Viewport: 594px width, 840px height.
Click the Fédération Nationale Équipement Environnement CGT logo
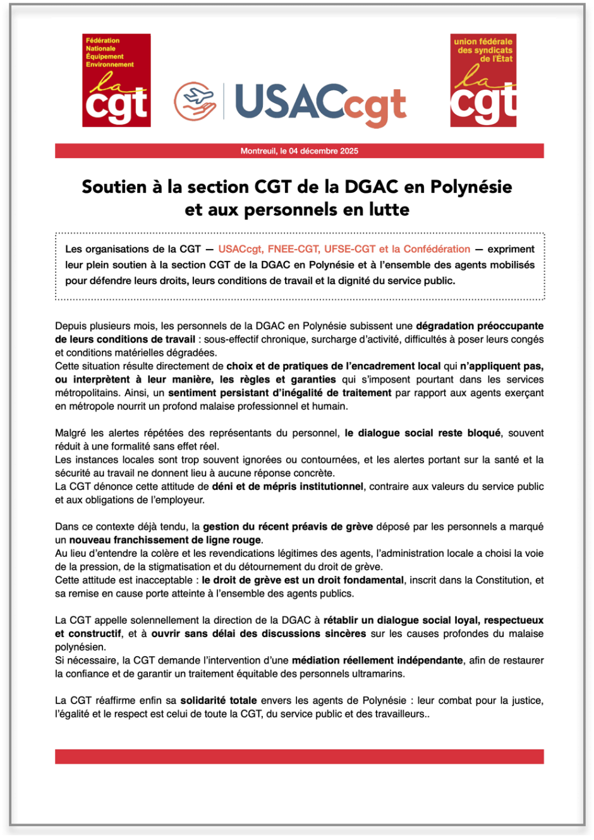pyautogui.click(x=116, y=80)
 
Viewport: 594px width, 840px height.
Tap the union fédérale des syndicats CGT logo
pyautogui.click(x=483, y=80)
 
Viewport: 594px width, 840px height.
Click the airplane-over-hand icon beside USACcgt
pyautogui.click(x=195, y=101)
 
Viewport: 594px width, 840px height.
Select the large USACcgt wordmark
pyautogui.click(x=320, y=103)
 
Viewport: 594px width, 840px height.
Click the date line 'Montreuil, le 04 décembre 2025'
pyautogui.click(x=299, y=151)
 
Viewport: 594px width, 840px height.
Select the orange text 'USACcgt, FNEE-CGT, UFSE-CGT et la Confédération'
pyautogui.click(x=344, y=249)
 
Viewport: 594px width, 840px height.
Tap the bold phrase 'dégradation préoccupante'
pyautogui.click(x=479, y=326)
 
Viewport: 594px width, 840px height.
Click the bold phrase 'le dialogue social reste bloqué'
pyautogui.click(x=422, y=433)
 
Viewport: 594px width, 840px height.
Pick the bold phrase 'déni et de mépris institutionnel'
pyautogui.click(x=288, y=487)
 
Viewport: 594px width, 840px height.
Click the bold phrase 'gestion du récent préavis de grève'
pyautogui.click(x=288, y=527)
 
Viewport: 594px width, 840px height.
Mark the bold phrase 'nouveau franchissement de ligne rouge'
pyautogui.click(x=165, y=540)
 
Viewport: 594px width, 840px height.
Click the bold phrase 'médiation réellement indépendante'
pyautogui.click(x=377, y=660)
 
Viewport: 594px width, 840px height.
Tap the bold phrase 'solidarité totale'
pyautogui.click(x=219, y=700)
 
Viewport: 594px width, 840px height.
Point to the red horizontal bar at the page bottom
pyautogui.click(x=299, y=757)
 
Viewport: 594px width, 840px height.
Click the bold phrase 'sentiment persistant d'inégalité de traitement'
pyautogui.click(x=280, y=393)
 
